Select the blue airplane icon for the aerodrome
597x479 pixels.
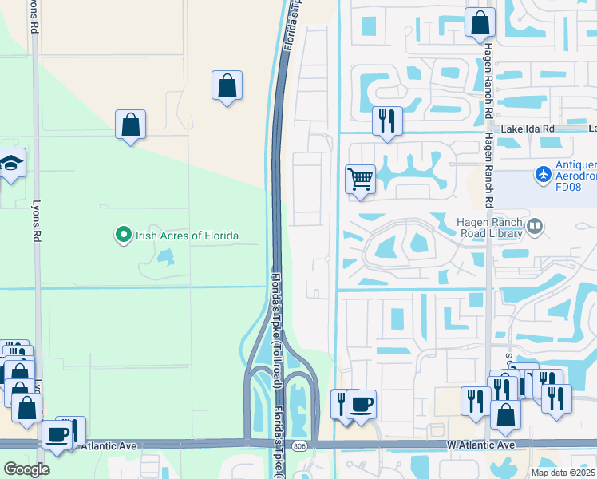click(544, 172)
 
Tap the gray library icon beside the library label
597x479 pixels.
click(535, 228)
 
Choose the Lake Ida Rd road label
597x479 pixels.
click(527, 129)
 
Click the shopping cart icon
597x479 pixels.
click(360, 179)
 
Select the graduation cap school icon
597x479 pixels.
click(13, 164)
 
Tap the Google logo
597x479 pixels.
click(26, 470)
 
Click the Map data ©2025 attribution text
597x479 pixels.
click(562, 473)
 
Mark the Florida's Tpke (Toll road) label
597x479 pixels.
click(275, 319)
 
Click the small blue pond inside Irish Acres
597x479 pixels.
click(166, 257)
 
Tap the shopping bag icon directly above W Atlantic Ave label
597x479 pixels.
click(505, 415)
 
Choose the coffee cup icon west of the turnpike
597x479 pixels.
click(57, 434)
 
